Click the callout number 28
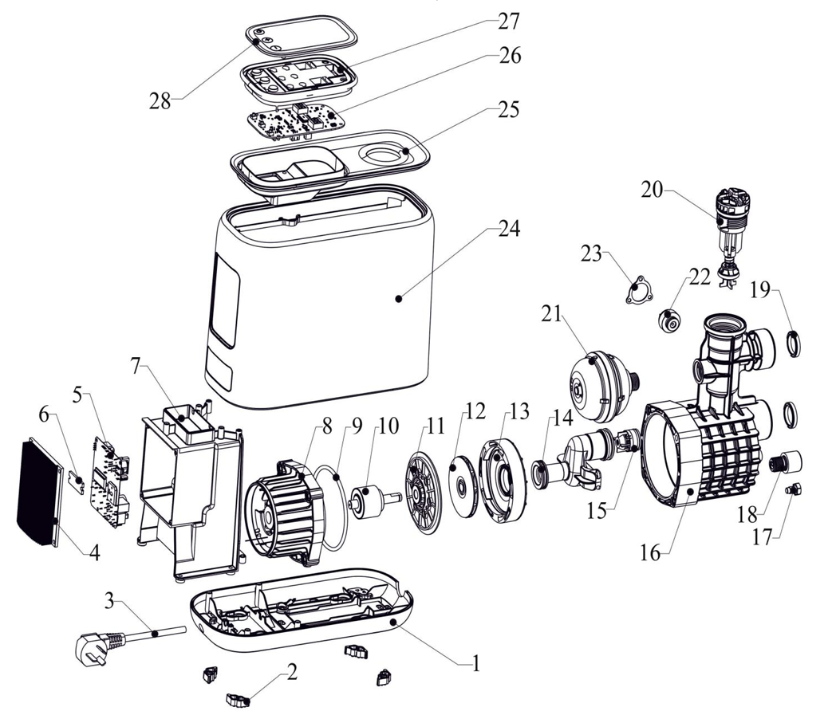(160, 101)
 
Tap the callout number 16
(650, 551)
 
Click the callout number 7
(136, 367)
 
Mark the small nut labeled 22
(670, 320)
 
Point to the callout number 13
(519, 412)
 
